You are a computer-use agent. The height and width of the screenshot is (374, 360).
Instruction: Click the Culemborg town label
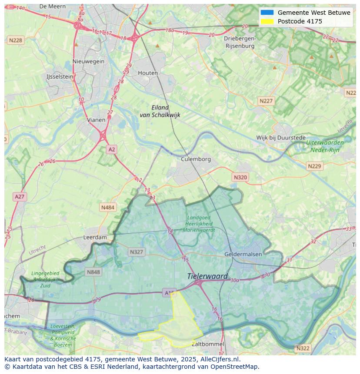click(x=196, y=159)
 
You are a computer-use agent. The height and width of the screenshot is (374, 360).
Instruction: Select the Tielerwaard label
click(x=207, y=276)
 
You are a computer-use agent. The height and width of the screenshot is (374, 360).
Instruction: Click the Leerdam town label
click(x=95, y=238)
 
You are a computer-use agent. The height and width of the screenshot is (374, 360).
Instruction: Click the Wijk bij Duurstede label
click(x=280, y=138)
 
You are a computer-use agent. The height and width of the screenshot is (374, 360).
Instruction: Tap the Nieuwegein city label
click(x=89, y=61)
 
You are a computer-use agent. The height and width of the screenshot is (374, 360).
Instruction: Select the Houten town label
click(x=148, y=73)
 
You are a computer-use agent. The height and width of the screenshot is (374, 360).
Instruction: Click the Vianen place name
click(x=96, y=120)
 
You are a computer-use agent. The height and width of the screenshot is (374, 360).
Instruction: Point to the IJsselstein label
click(x=60, y=77)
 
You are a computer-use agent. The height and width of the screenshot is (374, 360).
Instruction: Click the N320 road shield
click(x=240, y=177)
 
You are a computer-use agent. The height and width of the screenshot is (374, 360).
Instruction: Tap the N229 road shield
click(x=314, y=166)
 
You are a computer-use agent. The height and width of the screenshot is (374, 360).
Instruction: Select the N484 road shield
click(x=107, y=208)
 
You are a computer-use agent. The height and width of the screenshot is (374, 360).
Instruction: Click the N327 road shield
click(x=137, y=252)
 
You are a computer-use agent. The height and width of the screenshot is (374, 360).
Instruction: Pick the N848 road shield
click(x=93, y=272)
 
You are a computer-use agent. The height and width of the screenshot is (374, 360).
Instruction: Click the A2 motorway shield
click(x=112, y=149)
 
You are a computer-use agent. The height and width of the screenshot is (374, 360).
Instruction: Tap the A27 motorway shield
click(x=20, y=197)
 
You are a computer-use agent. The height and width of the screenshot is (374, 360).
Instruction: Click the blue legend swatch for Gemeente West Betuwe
click(x=267, y=13)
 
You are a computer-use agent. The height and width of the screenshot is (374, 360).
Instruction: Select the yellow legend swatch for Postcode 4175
click(x=267, y=21)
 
